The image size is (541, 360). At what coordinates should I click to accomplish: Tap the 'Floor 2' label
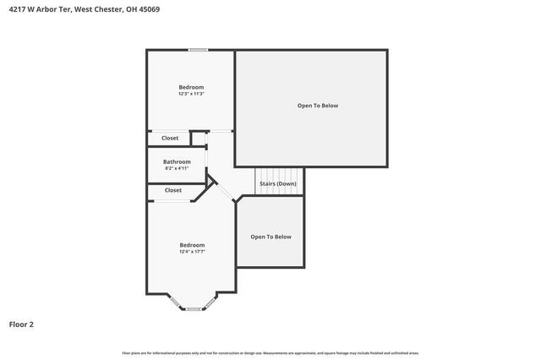pos(22,324)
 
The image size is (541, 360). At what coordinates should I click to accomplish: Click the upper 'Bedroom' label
pos(191,87)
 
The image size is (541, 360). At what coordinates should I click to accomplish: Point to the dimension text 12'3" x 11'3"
pos(191,94)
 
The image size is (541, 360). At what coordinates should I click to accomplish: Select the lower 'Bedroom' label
pos(192,245)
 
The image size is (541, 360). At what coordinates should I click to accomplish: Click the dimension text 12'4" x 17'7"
pos(192,252)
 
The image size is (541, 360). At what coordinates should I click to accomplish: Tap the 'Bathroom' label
pos(177,161)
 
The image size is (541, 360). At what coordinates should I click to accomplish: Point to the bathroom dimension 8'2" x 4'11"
pos(177,168)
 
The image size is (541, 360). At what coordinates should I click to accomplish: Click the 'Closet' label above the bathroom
pos(170,138)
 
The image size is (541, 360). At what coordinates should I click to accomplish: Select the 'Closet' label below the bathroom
pos(173,190)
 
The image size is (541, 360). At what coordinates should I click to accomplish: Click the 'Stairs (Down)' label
pos(277,183)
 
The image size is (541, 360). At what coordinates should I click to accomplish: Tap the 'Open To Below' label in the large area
pos(318,106)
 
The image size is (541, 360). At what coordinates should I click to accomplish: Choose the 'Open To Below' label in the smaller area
pos(270,237)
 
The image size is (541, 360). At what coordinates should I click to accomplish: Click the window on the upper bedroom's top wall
pos(199,50)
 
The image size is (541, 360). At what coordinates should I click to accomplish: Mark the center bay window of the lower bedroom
pos(194,308)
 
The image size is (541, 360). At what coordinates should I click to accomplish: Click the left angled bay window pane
pos(174,301)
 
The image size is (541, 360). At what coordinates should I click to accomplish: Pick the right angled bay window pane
pos(212,301)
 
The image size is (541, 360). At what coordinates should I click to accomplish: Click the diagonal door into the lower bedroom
pos(224,190)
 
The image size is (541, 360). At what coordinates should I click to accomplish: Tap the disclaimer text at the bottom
pos(270,352)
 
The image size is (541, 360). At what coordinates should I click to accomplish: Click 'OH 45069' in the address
pos(142,9)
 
